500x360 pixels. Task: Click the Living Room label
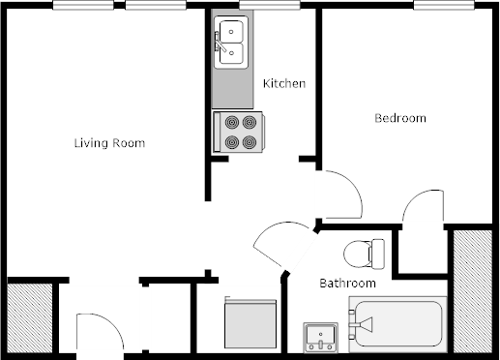[x=109, y=143]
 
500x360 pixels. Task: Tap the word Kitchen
[x=284, y=83]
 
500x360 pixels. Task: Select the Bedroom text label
[x=400, y=118]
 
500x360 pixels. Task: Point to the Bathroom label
[x=347, y=284]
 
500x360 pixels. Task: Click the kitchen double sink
[x=231, y=43]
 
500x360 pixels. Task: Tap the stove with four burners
[x=239, y=132]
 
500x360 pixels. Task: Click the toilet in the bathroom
[x=365, y=254]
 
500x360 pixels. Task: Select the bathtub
[x=397, y=324]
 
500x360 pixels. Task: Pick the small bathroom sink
[x=321, y=338]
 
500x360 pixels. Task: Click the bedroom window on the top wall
[x=444, y=5]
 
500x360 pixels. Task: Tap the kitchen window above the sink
[x=270, y=5]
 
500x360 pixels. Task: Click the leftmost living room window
[x=83, y=5]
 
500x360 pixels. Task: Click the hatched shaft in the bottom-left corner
[x=30, y=318]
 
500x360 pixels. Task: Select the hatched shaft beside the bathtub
[x=473, y=291]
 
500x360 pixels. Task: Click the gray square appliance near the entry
[x=250, y=323]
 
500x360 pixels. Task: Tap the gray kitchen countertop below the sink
[x=232, y=89]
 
